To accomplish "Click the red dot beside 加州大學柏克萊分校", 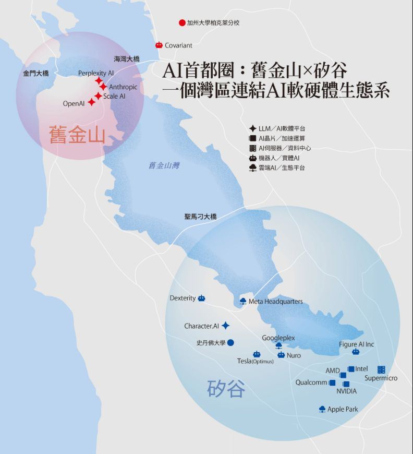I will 182,23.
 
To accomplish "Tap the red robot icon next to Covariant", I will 159,45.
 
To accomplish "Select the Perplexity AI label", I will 96,73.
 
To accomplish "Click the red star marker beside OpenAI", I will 92,102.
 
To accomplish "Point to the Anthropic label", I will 124,87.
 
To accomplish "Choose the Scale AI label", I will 114,97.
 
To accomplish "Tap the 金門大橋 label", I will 36,74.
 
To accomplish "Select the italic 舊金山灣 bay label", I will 164,166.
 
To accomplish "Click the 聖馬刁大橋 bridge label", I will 200,216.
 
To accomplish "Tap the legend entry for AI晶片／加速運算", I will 282,138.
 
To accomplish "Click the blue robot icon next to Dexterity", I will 201,298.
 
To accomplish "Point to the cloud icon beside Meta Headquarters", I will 242,301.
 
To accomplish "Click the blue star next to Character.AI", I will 225,326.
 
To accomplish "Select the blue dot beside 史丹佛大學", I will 230,343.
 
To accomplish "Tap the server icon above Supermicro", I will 381,369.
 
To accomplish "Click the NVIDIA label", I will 347,391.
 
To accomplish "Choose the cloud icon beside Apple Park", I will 322,409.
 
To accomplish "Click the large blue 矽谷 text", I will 226,389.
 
